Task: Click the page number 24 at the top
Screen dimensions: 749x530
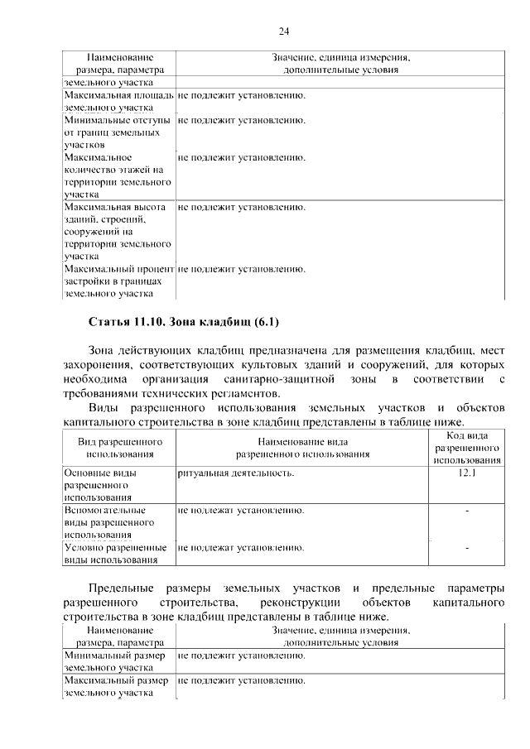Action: point(283,31)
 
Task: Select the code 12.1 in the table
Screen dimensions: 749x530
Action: point(467,473)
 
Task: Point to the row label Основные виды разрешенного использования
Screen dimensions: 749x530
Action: point(100,485)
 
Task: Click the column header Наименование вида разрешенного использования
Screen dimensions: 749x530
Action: point(302,448)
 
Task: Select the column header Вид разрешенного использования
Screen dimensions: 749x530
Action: point(120,448)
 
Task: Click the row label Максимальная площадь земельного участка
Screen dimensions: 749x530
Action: point(118,101)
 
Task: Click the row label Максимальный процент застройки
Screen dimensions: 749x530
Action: point(118,281)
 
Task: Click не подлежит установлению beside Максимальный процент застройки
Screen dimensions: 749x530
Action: point(242,269)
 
